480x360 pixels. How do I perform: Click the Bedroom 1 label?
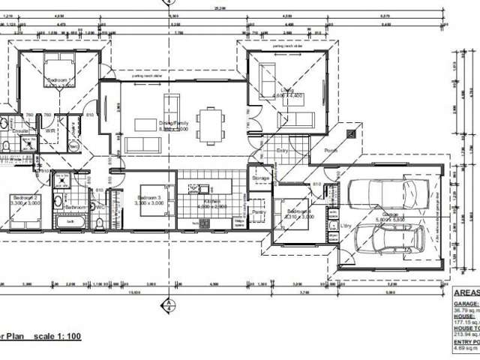tap(59, 79)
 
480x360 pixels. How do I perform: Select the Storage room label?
tap(260, 178)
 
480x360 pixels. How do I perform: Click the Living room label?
tap(287, 90)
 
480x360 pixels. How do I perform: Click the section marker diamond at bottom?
tap(169, 305)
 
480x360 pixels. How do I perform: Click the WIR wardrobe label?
tap(51, 130)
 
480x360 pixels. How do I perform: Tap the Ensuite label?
tap(20, 132)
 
